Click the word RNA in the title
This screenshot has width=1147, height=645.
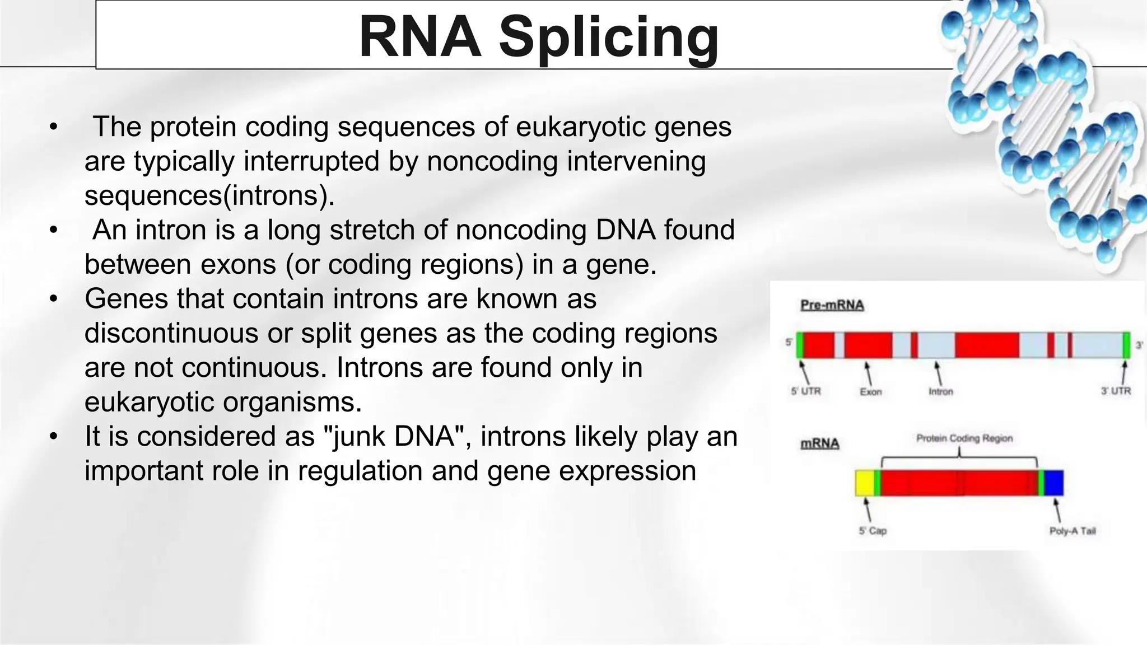click(420, 37)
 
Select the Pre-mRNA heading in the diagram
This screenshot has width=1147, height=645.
click(832, 306)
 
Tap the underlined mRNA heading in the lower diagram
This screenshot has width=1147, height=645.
click(820, 444)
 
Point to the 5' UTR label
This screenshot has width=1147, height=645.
click(805, 391)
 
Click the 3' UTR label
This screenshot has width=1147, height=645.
click(1116, 391)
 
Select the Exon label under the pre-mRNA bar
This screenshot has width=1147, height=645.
click(870, 392)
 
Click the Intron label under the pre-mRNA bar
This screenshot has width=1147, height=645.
click(940, 392)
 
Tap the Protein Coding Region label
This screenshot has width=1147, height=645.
click(964, 438)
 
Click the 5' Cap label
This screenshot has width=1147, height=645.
click(873, 531)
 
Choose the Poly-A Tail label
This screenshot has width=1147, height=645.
click(1072, 531)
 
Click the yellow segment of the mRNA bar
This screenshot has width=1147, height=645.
click(864, 483)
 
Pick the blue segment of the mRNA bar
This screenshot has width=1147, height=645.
click(1054, 483)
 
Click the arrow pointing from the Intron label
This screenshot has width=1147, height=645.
click(938, 373)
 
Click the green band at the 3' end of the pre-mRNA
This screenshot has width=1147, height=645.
click(1126, 345)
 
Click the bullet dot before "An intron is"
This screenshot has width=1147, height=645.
click(53, 230)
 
